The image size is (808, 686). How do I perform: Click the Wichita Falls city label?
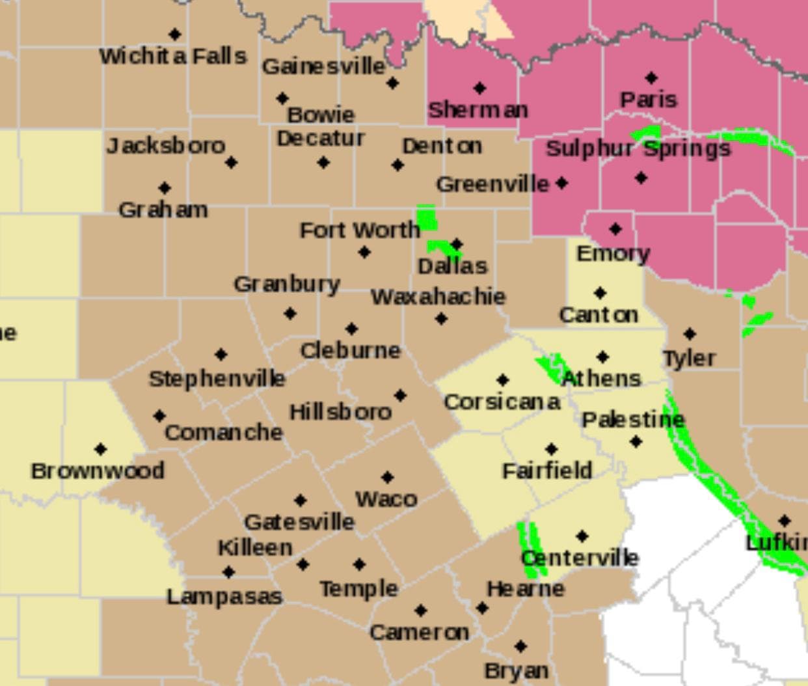tap(173, 56)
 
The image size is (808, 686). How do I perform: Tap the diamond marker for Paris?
tap(651, 78)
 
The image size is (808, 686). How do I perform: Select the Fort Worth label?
tap(360, 230)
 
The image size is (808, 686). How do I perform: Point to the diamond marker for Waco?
tap(388, 477)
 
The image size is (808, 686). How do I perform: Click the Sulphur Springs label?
tap(638, 149)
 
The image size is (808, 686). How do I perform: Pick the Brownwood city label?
tap(98, 470)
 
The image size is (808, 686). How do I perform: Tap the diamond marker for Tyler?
tap(690, 335)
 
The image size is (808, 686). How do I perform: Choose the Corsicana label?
tap(502, 402)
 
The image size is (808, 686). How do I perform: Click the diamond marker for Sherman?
tap(479, 88)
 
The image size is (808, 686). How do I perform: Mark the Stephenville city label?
tap(217, 378)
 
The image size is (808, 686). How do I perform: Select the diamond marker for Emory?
tap(615, 229)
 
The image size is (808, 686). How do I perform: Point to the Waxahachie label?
tap(438, 297)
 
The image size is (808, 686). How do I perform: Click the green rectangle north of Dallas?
tap(427, 217)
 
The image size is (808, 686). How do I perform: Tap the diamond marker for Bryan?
tap(520, 646)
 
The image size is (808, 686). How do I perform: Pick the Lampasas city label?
tap(224, 596)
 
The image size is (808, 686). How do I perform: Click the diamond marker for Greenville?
tap(562, 184)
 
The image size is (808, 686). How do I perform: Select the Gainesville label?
tap(323, 66)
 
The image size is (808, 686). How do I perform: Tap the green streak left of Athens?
tap(550, 368)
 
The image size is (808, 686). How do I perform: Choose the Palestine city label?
tap(633, 420)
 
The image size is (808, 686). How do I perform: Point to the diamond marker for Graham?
tap(165, 188)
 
